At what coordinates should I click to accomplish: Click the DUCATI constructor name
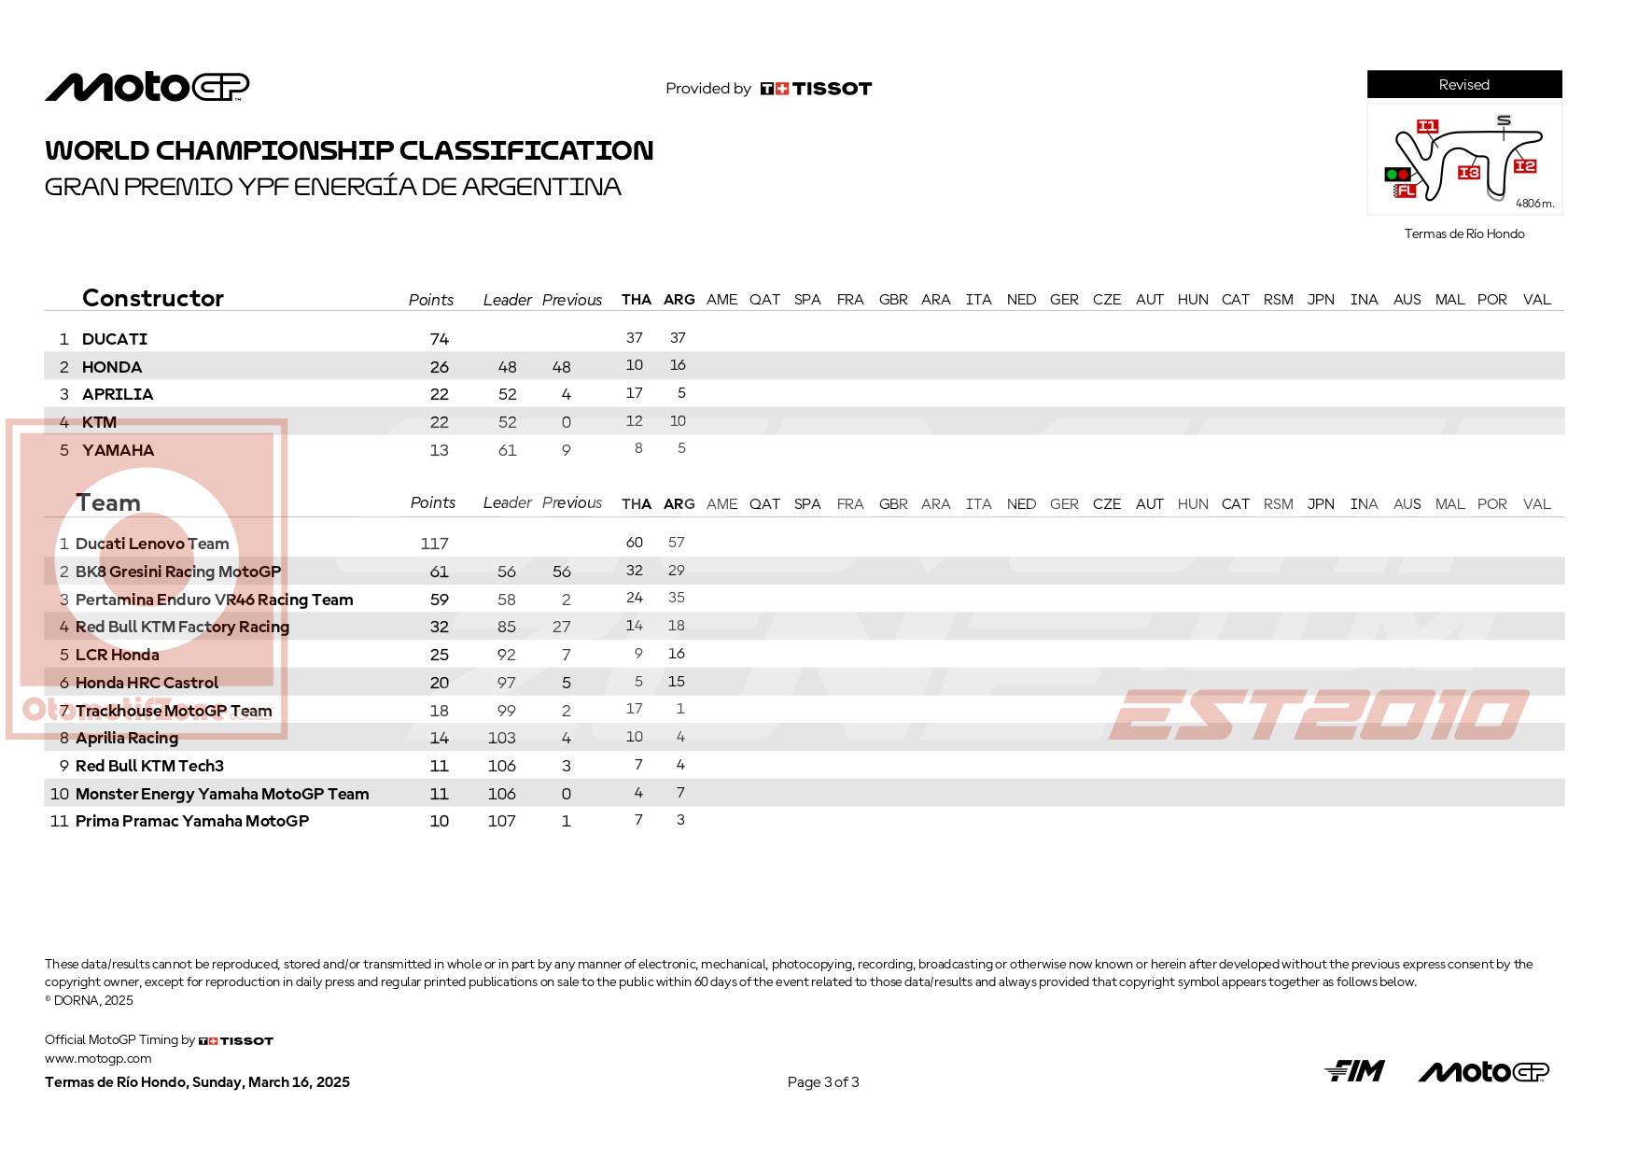[114, 339]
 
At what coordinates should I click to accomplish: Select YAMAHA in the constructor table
[118, 450]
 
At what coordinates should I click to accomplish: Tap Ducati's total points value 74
[439, 339]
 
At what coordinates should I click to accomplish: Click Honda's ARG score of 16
[678, 365]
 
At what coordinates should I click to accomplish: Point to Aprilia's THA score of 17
[634, 393]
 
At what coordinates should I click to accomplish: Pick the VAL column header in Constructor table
[1536, 300]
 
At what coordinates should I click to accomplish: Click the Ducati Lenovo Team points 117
[434, 544]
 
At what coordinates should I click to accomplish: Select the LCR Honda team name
[117, 655]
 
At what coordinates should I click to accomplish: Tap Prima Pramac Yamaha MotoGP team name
[191, 821]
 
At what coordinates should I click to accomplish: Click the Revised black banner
[1463, 85]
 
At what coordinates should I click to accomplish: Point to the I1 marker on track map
[1427, 126]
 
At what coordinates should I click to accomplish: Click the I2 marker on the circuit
[1524, 166]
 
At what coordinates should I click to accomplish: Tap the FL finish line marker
[1405, 191]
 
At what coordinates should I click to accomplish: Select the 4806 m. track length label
[1534, 204]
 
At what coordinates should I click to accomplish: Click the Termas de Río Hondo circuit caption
[1463, 234]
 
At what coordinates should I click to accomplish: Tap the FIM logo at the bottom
[1354, 1071]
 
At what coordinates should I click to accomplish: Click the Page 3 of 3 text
[822, 1082]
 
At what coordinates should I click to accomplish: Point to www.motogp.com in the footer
[98, 1059]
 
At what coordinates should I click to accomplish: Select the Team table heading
[108, 503]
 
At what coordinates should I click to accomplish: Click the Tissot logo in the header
[816, 89]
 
